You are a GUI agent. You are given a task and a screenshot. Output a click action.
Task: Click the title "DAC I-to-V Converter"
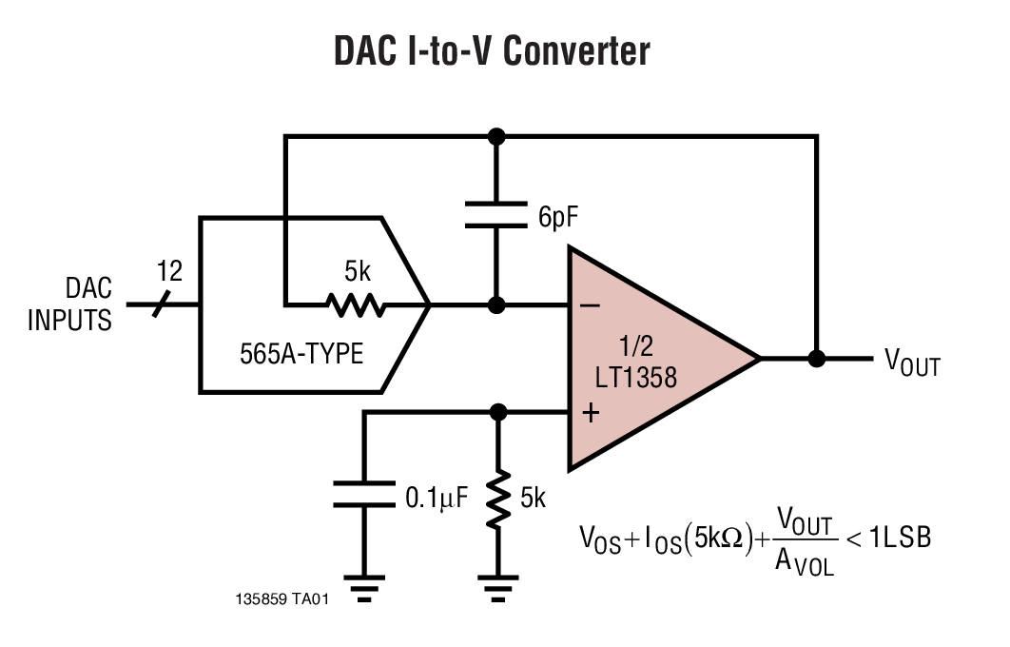coord(492,51)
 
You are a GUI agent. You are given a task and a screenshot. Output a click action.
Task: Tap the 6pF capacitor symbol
coord(495,214)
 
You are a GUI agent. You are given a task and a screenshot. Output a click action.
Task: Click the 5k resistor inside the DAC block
coord(356,305)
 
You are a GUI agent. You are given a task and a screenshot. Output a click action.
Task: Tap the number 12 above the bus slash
coord(168,271)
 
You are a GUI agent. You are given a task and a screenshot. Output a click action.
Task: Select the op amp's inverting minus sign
coord(590,305)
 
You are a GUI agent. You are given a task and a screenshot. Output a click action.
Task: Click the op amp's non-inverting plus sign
coord(590,412)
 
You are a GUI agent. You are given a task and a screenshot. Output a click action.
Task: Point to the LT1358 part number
coord(638,378)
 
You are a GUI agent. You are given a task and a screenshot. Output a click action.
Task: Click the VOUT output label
coord(912,362)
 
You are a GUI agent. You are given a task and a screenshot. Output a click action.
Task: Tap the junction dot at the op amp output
coord(815,359)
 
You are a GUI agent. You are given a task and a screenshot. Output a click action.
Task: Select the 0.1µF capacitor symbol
coord(363,495)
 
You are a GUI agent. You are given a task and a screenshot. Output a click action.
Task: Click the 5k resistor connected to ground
coord(495,502)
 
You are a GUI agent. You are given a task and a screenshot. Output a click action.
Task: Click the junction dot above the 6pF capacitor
coord(495,136)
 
